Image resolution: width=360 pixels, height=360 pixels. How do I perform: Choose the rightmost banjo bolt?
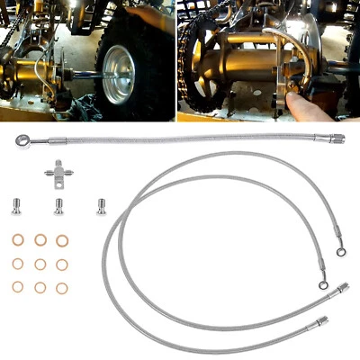coord(100,204)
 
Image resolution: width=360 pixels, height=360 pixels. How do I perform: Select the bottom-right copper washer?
coord(62,287)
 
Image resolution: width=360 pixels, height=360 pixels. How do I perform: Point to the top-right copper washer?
coord(62,240)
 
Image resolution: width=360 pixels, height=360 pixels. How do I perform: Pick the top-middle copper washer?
coord(40,240)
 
